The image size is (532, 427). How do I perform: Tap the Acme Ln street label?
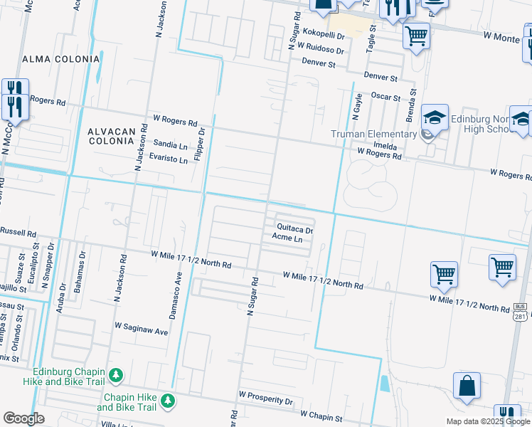[287, 240]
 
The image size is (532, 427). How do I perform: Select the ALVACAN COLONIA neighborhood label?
[110, 136]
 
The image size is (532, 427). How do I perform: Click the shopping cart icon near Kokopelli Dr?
[416, 35]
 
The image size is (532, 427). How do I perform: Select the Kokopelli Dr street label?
[323, 34]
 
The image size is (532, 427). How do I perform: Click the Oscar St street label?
[386, 97]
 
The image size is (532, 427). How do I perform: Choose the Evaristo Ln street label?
[168, 159]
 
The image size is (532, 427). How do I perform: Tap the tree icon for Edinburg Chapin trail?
[116, 374]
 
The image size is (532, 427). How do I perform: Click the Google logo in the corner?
[23, 418]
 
